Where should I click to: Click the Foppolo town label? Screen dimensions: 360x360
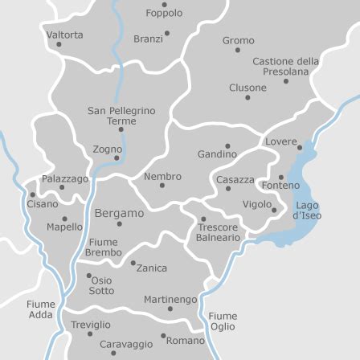click(164, 13)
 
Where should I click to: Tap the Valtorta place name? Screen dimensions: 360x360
click(64, 35)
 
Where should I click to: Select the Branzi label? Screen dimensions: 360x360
click(148, 39)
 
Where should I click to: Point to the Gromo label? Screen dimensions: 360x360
click(238, 39)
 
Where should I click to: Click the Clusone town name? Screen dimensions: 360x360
click(247, 87)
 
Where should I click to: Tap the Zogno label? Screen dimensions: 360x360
click(108, 149)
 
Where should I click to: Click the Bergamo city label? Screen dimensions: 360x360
click(120, 214)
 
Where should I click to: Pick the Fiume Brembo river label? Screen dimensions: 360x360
click(103, 247)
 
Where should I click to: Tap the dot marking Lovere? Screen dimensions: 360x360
click(300, 147)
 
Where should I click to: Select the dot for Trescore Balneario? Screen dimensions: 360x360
click(202, 218)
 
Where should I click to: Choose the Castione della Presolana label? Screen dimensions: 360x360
click(285, 66)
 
